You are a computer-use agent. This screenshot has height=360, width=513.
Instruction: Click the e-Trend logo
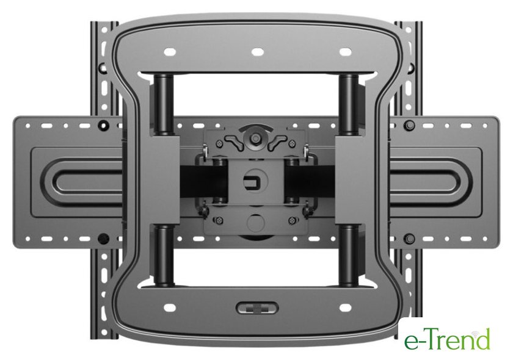click(x=447, y=339)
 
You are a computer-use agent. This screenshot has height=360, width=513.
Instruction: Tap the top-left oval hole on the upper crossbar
click(x=170, y=52)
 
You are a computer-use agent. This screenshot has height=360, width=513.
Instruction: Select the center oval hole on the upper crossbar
click(x=258, y=52)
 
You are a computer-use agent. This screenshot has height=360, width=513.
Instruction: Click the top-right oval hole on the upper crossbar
click(x=346, y=52)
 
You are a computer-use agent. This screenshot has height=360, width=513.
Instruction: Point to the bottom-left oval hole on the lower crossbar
click(x=170, y=308)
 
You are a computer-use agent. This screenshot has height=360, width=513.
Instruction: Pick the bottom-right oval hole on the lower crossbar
click(x=346, y=308)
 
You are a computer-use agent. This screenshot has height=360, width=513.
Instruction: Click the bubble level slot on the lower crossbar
click(x=257, y=308)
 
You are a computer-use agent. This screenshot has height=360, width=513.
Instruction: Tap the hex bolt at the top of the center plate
click(x=255, y=139)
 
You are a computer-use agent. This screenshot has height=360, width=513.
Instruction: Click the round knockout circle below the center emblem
click(x=255, y=223)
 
